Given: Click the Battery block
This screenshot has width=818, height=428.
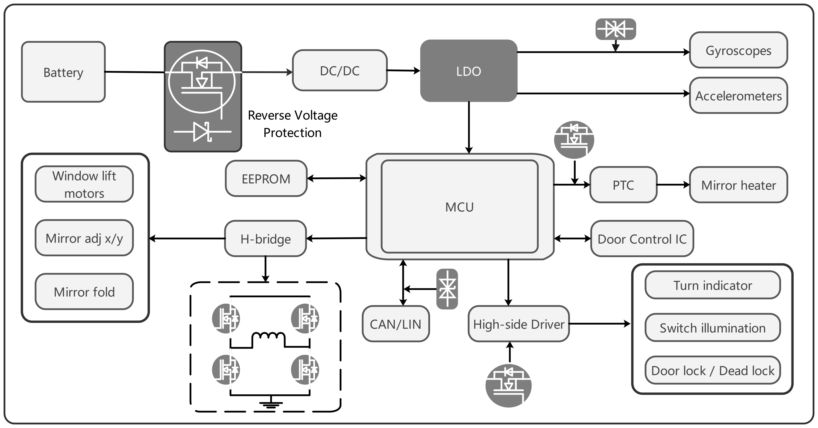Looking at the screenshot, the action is click(x=63, y=72).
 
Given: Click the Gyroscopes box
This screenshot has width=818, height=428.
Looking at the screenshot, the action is click(x=738, y=50).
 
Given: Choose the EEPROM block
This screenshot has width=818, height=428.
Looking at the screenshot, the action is click(x=266, y=178).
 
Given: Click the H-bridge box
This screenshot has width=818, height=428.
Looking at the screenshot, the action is click(x=265, y=238).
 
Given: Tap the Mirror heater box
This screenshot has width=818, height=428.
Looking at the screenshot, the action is click(x=738, y=185).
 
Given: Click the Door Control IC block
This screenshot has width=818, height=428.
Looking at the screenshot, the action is click(x=642, y=238).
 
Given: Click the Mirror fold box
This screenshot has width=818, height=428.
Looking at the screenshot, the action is click(x=84, y=291).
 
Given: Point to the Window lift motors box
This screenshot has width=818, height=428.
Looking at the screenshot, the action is click(x=84, y=184).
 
